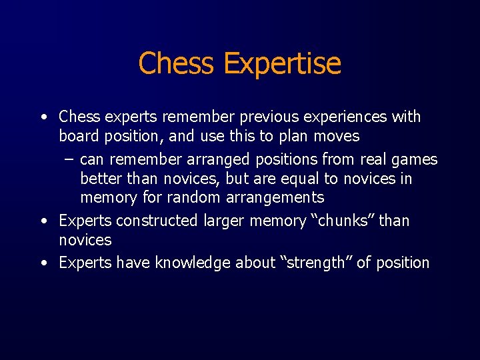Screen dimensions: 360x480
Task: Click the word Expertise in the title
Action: pos(283,64)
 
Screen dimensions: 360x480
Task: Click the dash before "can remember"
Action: pos(69,159)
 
